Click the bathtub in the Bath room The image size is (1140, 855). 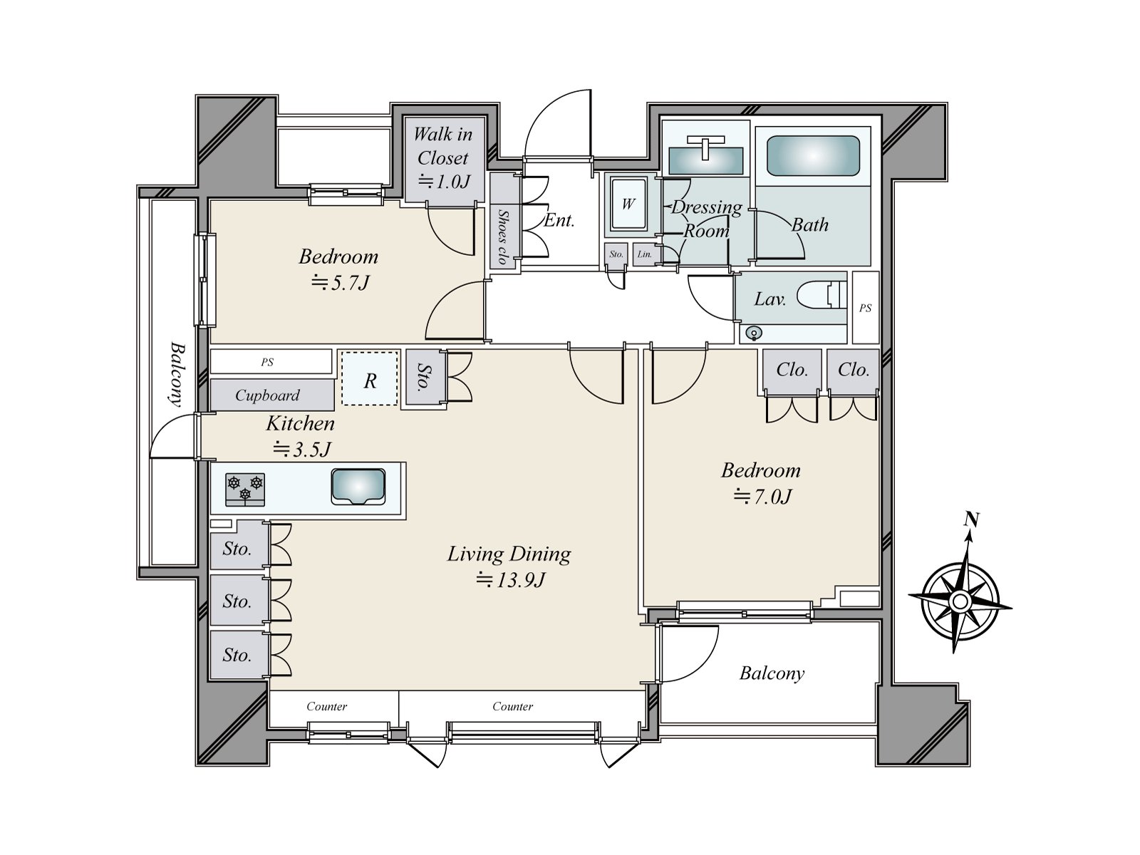coord(813,156)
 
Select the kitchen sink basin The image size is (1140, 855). coord(358,487)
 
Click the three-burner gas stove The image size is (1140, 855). coord(245,489)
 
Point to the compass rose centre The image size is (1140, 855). coord(960,601)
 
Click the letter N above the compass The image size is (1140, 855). coord(972,519)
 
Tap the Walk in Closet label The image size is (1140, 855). coord(443,146)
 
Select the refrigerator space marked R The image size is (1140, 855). coord(370,378)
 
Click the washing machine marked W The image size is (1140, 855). coord(628,204)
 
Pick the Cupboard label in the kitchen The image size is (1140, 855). coord(267,395)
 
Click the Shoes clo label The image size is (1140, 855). coord(502,237)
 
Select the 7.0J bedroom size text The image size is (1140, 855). coord(762,497)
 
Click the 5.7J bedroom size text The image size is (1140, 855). coord(340,283)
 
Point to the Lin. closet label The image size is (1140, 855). coord(645,254)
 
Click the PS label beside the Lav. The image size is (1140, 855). coord(865,308)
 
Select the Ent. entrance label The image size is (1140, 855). coord(559,221)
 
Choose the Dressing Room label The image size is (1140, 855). coord(706,219)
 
